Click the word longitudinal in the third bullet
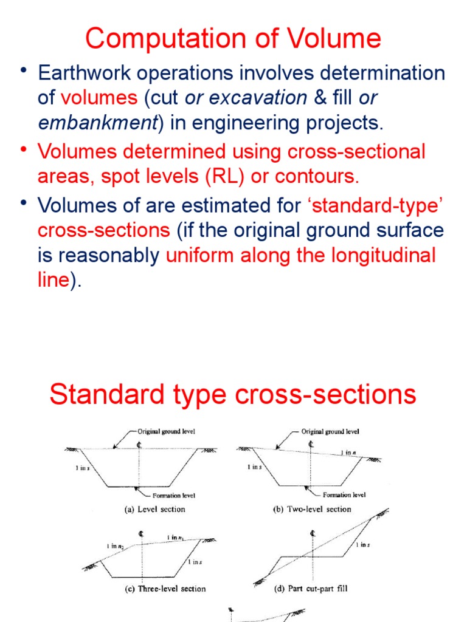(378, 255)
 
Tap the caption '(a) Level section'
(155, 509)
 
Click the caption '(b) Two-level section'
(312, 509)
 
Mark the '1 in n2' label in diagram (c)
(115, 546)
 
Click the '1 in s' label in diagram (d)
(362, 545)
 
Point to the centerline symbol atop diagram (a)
(140, 445)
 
